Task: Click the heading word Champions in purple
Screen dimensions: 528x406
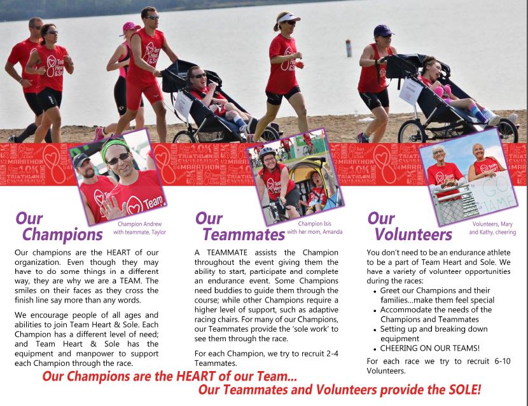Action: [62, 234]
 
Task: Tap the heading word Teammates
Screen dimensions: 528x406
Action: [244, 234]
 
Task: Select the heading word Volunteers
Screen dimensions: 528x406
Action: [413, 234]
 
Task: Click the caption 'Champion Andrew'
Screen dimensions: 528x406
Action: [140, 224]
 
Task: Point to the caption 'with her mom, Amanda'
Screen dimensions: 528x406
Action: [314, 232]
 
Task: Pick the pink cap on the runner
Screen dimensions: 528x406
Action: [130, 27]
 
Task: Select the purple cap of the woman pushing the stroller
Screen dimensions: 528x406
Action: [383, 30]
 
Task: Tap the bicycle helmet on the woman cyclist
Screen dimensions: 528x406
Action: [267, 152]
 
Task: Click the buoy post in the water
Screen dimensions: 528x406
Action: [349, 48]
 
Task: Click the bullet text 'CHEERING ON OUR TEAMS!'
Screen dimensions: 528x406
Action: [429, 348]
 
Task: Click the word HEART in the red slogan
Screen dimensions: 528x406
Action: [197, 376]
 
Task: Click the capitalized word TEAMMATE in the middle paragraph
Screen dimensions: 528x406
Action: [227, 253]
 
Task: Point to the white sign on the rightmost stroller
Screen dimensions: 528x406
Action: [410, 91]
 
